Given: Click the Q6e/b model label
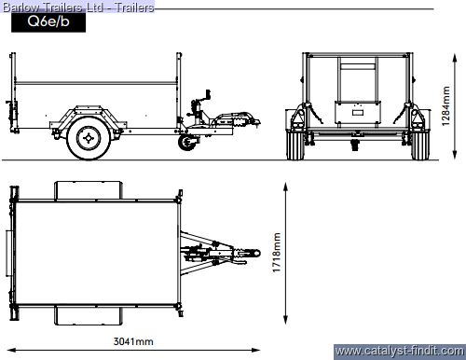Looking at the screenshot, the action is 48,21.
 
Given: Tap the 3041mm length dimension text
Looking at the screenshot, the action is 133,341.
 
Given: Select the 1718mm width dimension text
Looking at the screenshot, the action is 276,253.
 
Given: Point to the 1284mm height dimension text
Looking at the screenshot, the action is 445,105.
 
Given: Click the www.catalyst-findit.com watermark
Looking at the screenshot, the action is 400,352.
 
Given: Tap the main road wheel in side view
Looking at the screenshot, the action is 89,138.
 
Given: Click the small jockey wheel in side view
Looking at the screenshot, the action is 187,142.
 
